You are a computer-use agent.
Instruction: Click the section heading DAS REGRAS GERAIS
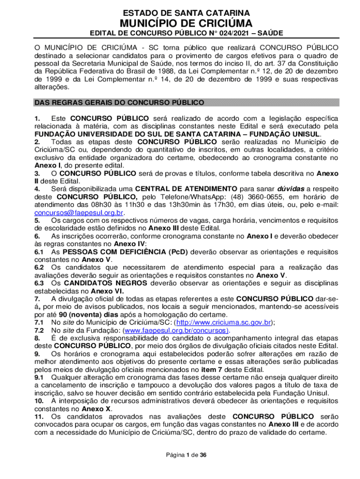point(119,102)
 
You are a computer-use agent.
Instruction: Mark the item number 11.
point(39,416)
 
